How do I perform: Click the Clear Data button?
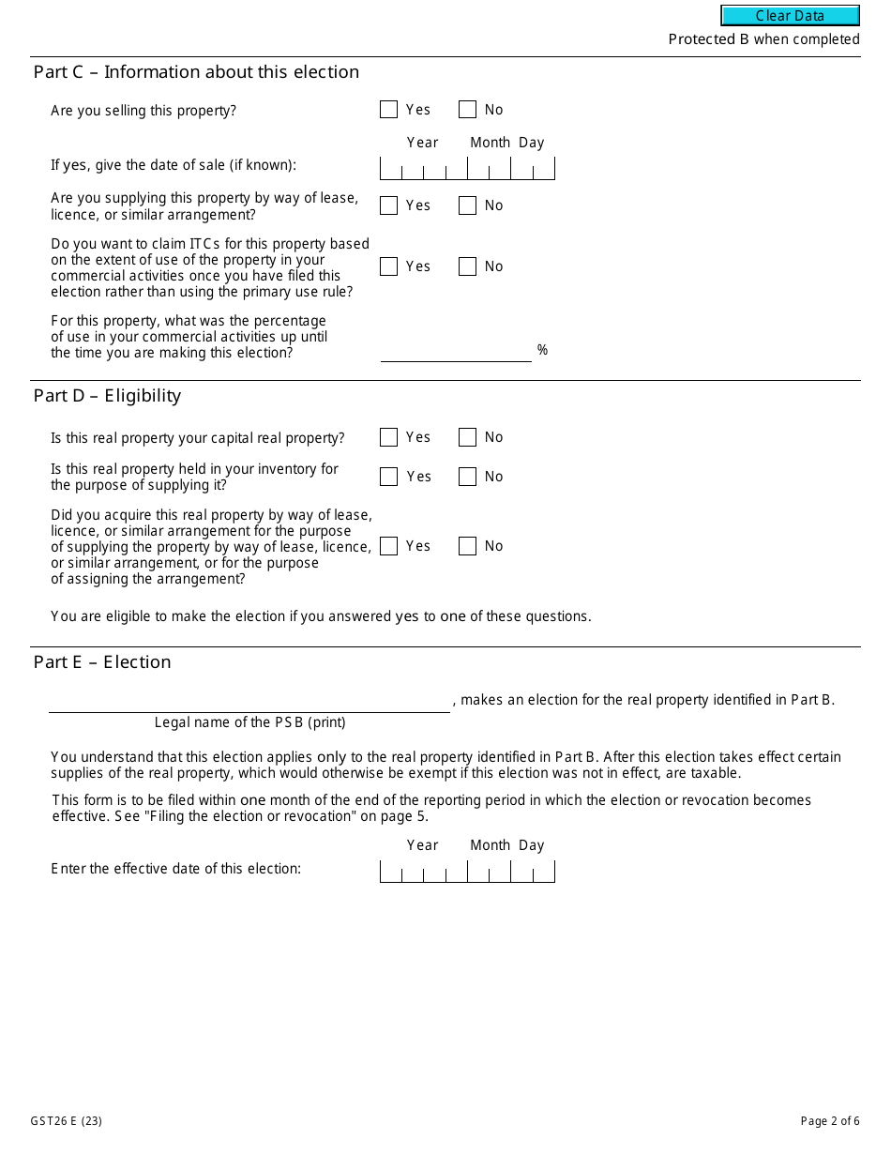[x=790, y=16]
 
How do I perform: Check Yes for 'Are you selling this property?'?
[x=388, y=110]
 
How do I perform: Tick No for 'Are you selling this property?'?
[x=467, y=110]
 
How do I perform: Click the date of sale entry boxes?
[x=467, y=169]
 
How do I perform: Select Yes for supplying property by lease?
[x=388, y=205]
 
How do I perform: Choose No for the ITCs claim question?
[x=467, y=266]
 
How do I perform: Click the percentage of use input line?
[x=456, y=352]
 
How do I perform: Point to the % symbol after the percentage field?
[x=542, y=350]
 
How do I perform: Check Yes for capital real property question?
[x=388, y=437]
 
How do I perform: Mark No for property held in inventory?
[x=467, y=477]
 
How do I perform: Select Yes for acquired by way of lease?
[x=388, y=546]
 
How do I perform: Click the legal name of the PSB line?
[x=249, y=702]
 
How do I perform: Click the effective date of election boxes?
[x=467, y=872]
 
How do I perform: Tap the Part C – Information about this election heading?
[x=196, y=72]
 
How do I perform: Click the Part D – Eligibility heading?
[x=107, y=396]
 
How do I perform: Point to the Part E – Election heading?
[x=102, y=662]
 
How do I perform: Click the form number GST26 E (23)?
[x=61, y=1120]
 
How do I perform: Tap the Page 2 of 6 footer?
[x=829, y=1120]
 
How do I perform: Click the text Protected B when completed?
[x=763, y=39]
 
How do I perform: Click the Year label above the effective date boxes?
[x=422, y=845]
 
